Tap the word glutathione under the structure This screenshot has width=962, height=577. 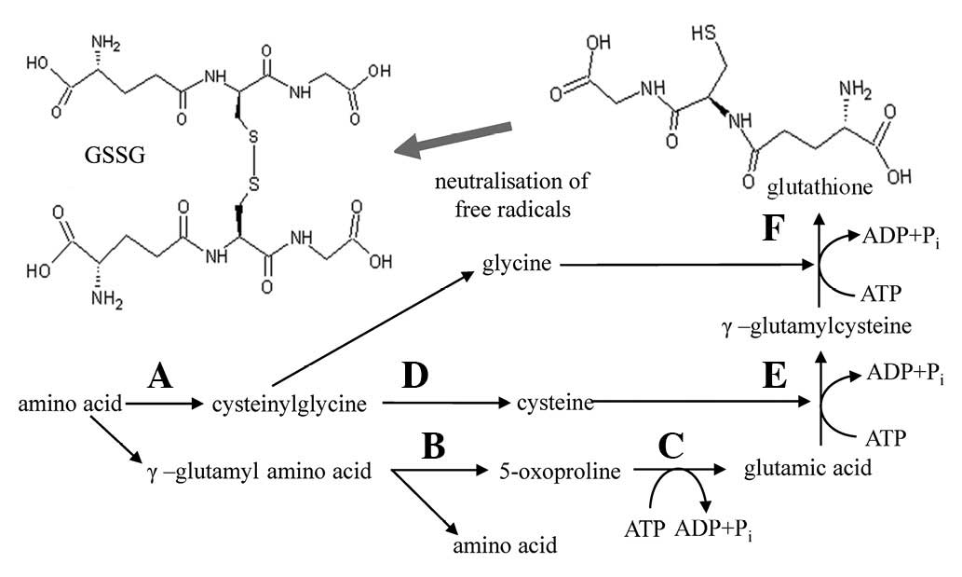point(819,187)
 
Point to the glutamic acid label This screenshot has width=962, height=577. point(808,469)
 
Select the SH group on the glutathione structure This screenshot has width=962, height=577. point(704,34)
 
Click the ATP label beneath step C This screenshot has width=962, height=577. point(644,531)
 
